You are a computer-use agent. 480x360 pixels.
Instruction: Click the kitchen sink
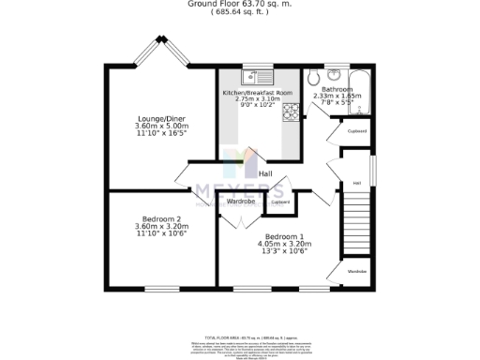256,78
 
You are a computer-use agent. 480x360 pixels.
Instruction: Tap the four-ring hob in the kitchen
291,113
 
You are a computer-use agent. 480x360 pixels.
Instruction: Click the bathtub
363,92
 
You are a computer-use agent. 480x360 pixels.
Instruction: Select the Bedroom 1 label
284,236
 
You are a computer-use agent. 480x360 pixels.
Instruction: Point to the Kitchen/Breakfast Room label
257,94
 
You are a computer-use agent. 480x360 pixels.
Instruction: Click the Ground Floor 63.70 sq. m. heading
240,4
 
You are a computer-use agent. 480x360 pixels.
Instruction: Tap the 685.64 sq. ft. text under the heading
239,12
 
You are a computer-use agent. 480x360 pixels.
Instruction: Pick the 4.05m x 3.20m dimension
284,244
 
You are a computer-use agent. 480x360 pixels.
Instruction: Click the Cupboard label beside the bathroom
357,131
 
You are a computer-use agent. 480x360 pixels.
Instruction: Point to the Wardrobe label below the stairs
357,272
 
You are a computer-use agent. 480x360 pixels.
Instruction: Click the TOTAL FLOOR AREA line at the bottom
240,337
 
